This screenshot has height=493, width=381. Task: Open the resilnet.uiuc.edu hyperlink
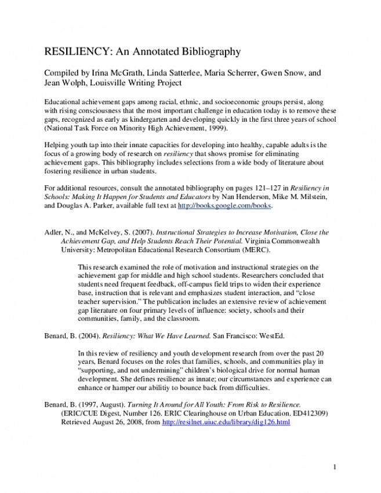click(x=227, y=422)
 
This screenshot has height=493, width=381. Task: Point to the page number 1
click(x=335, y=466)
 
